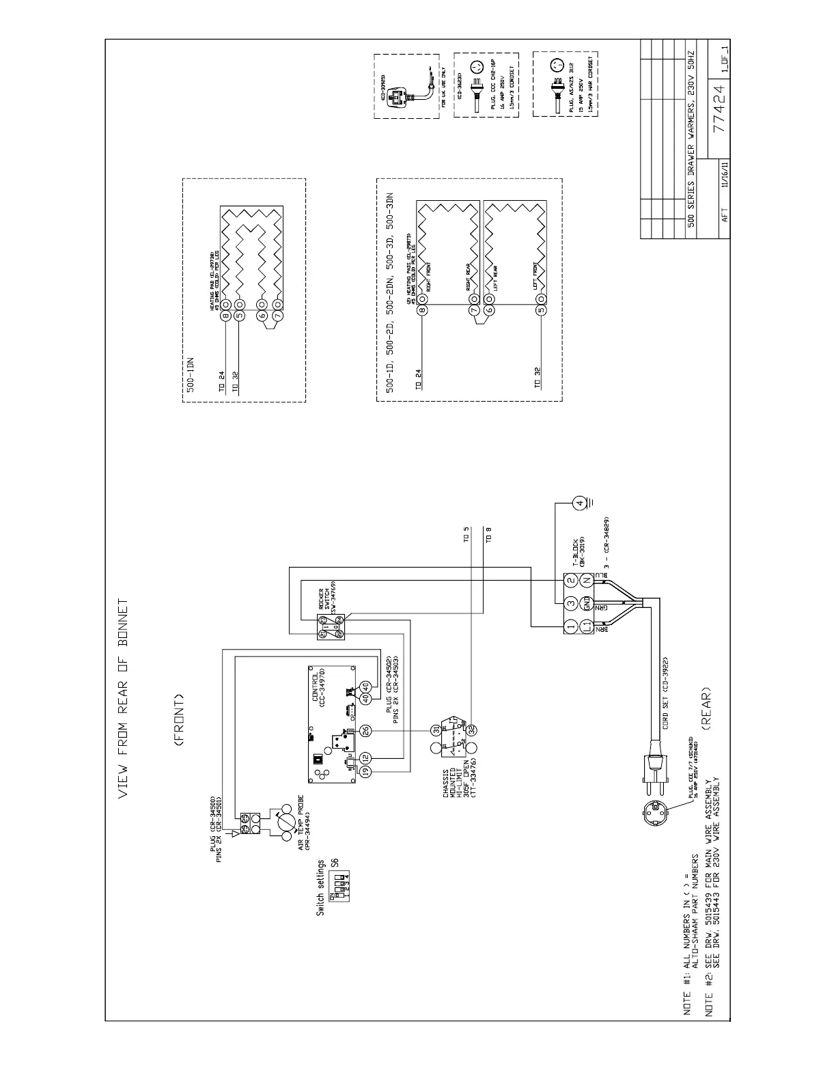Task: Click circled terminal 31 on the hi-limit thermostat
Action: [x=435, y=730]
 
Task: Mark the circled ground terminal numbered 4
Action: [x=580, y=503]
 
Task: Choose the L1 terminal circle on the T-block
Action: [x=586, y=626]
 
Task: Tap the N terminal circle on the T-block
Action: [x=586, y=581]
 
